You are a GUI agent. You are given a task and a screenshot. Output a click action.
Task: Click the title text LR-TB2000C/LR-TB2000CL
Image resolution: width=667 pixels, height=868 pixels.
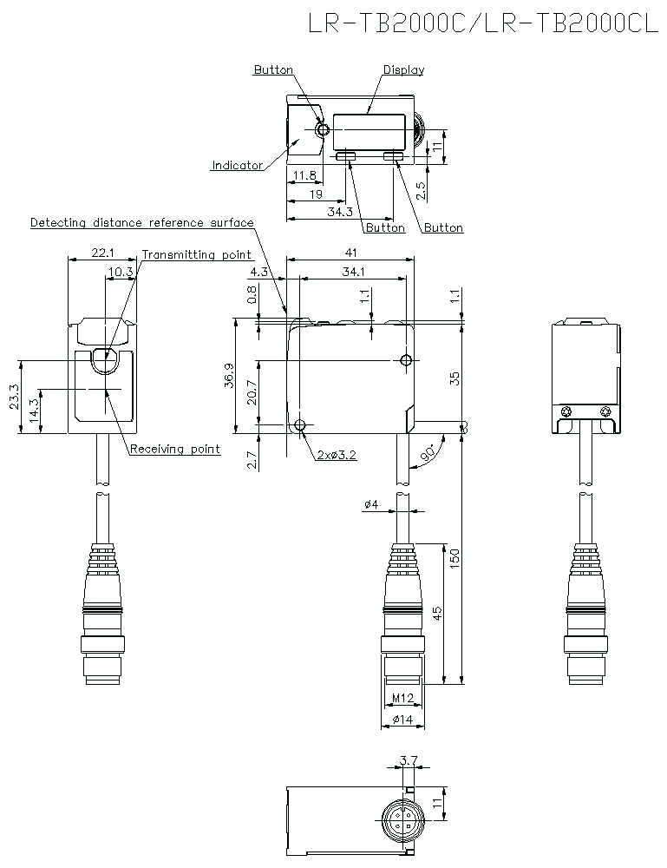point(484,23)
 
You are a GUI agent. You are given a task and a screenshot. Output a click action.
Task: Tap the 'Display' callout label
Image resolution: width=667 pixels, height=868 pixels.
point(403,70)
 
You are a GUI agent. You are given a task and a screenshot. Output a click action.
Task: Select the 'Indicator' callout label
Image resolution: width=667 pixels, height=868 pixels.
point(237,165)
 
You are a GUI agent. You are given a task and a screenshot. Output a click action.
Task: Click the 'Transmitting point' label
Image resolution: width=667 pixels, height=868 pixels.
point(197,254)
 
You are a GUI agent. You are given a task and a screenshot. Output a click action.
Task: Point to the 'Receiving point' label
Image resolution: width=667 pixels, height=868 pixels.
point(174,449)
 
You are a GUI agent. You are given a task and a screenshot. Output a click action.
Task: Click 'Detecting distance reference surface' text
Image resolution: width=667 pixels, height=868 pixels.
point(142,223)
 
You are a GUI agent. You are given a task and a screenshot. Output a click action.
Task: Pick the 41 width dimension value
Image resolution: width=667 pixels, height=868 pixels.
point(350,252)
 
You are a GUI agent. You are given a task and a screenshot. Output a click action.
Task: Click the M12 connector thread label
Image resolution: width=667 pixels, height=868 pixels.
point(401,699)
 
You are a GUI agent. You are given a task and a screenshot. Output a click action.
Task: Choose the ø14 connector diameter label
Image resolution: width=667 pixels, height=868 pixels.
point(401,720)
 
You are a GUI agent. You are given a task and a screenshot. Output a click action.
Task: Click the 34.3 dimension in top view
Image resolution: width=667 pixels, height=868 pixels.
point(340,212)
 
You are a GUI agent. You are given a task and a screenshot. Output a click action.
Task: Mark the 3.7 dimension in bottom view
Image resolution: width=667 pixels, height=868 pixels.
point(408,761)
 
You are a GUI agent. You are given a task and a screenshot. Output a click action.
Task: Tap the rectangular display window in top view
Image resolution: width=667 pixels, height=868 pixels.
point(371,131)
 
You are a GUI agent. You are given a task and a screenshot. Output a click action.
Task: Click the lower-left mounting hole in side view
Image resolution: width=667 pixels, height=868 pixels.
point(300,425)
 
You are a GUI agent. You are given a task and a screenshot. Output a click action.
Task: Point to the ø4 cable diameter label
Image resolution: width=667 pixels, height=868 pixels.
point(370,504)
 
